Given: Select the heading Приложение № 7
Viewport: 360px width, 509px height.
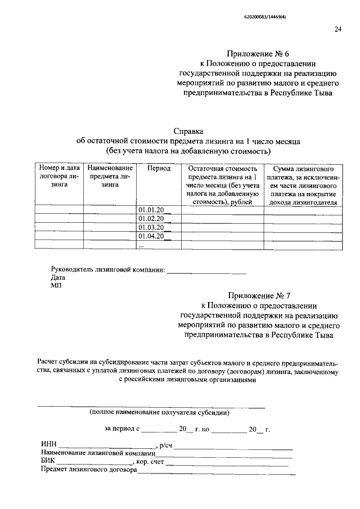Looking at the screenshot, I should tap(258, 295).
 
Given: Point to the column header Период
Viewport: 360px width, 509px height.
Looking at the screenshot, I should tap(159, 169).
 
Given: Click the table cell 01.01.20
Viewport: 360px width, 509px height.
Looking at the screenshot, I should tap(151, 210).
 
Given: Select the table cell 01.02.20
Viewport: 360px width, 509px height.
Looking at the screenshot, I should tap(151, 219).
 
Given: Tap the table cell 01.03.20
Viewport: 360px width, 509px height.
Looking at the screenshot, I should tap(151, 227).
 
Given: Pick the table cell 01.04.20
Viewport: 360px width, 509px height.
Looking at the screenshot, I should tap(151, 236).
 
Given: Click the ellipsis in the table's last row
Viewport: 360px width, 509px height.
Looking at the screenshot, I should tap(142, 245).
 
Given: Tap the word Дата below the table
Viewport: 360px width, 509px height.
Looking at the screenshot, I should tap(58, 278).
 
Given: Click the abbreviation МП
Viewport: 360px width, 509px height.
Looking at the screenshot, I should tap(56, 286).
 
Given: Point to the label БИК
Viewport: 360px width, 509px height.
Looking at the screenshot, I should tap(48, 462).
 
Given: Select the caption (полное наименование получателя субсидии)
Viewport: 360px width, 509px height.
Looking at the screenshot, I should tap(159, 413).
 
